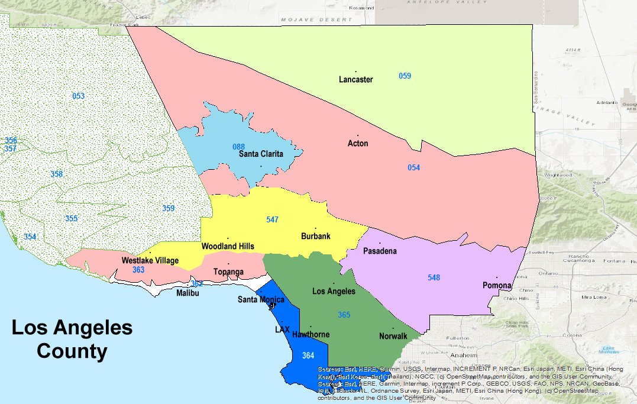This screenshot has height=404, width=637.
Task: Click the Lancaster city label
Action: (355, 79)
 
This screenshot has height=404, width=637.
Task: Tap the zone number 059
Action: (405, 76)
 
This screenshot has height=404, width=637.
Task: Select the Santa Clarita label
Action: (261, 154)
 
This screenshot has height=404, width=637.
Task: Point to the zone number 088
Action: (238, 147)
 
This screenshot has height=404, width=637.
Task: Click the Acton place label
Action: (358, 143)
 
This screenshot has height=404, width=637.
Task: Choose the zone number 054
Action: (413, 168)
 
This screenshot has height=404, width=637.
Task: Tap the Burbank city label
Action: (315, 237)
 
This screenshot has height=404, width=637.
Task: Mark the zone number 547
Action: (272, 219)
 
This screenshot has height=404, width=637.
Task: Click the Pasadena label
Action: (380, 251)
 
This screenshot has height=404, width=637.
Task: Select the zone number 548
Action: (434, 277)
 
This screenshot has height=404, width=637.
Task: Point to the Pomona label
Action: (496, 286)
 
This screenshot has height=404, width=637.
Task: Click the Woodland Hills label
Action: (228, 246)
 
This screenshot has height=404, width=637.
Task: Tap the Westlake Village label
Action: (150, 260)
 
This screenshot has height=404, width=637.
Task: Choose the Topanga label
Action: (228, 272)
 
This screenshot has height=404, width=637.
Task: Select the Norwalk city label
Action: (393, 337)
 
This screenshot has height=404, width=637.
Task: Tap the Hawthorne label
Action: (311, 335)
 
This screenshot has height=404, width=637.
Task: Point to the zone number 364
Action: (308, 355)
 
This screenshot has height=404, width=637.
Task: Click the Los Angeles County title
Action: (72, 340)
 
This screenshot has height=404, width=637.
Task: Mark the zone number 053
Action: (78, 96)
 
